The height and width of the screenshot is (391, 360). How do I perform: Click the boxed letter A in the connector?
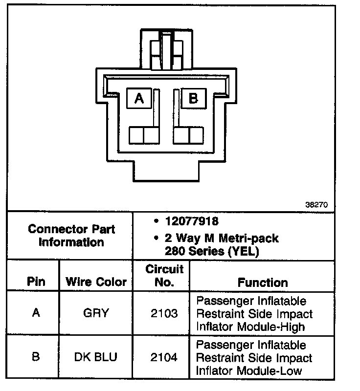tap(139, 99)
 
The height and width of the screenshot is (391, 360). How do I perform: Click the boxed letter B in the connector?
tap(194, 99)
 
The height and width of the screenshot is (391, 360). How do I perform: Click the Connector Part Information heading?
tap(71, 235)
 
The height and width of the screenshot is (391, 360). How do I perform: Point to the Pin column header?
tap(36, 282)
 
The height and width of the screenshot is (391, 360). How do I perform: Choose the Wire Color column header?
tap(96, 282)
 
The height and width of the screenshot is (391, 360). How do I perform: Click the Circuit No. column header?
tap(164, 276)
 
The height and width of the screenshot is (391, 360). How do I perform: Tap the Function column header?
tap(263, 282)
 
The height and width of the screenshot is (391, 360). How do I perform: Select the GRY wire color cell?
tap(96, 313)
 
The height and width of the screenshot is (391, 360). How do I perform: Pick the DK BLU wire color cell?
tap(96, 357)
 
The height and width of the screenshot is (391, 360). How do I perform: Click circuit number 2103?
tap(164, 313)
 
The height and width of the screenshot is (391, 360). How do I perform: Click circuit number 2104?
tap(164, 358)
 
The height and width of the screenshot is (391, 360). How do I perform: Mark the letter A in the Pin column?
tap(36, 313)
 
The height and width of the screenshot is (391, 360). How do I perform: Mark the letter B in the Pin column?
tap(36, 357)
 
